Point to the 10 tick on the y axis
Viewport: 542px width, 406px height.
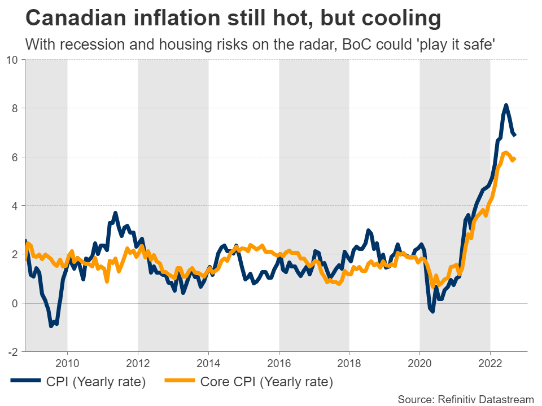tap(12, 59)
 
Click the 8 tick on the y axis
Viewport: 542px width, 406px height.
tap(15, 108)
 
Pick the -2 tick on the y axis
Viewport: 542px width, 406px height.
tap(13, 351)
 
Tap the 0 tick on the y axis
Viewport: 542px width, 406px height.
tap(15, 303)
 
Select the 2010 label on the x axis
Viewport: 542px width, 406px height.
tap(67, 361)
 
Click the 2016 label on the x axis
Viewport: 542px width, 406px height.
tap(279, 361)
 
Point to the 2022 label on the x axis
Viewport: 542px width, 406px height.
tap(490, 361)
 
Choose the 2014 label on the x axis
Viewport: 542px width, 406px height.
tap(208, 361)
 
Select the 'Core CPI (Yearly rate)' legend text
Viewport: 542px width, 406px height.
tap(266, 382)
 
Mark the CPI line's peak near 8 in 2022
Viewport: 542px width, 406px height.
tap(506, 105)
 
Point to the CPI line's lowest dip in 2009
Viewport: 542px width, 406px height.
tap(51, 326)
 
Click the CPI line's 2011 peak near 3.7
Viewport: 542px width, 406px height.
tap(115, 213)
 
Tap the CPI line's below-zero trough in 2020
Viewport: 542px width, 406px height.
tap(432, 311)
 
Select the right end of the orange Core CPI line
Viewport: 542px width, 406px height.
tap(514, 159)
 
